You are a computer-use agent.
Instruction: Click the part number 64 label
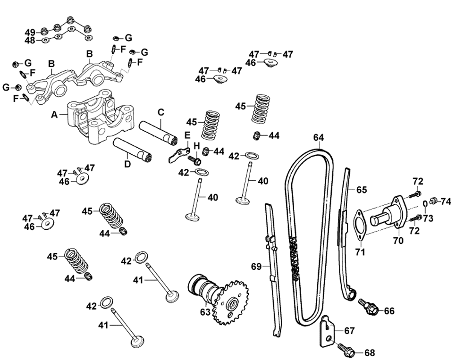319,138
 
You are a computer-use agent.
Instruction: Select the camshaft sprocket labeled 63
230,301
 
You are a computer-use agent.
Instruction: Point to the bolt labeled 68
345,350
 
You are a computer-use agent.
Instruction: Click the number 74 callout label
446,202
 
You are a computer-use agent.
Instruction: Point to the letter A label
54,114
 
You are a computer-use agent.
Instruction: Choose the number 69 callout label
256,267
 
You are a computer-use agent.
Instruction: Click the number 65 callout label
361,190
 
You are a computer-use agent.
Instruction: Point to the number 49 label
30,32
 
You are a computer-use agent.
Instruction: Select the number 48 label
30,41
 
